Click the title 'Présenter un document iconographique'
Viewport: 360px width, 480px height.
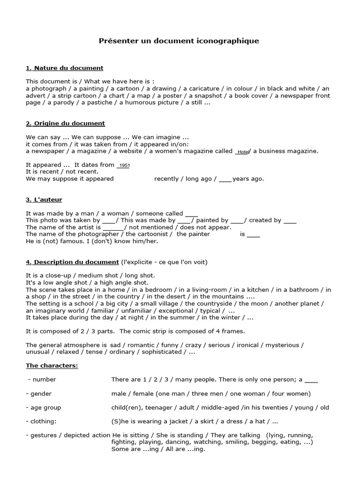pyautogui.click(x=179, y=41)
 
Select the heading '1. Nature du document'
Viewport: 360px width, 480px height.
pyautogui.click(x=64, y=68)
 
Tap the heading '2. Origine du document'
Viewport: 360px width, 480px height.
pyautogui.click(x=65, y=123)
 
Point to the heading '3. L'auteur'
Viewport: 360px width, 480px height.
pyautogui.click(x=44, y=200)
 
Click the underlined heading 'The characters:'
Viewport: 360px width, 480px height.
pyautogui.click(x=52, y=365)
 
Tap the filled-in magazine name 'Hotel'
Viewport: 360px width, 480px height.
pyautogui.click(x=242, y=152)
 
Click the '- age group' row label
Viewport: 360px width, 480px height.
pyautogui.click(x=43, y=407)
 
